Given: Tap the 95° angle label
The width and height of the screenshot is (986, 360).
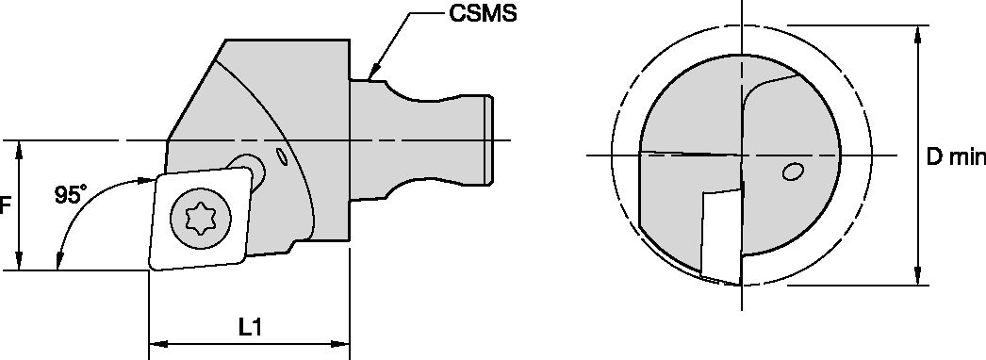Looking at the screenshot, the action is pos(69,195).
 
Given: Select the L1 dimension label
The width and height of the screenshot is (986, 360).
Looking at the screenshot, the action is pos(249,327).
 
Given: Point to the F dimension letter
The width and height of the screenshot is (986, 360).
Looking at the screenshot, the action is pos(4,205).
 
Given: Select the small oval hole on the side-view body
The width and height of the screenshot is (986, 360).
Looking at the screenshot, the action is pos(281,155).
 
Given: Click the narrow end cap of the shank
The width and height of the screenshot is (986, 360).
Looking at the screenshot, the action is pos(488,140).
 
